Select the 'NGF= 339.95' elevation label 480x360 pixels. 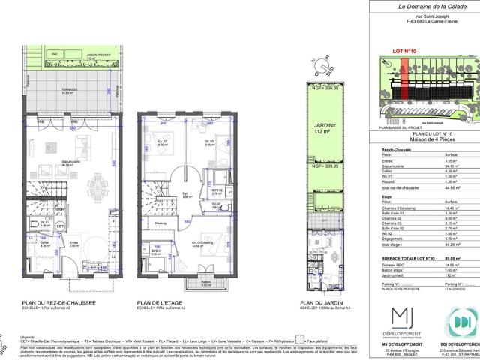pos(325,168)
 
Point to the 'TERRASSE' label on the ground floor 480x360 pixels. pos(69,89)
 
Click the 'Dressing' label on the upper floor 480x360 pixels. pos(160,223)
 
